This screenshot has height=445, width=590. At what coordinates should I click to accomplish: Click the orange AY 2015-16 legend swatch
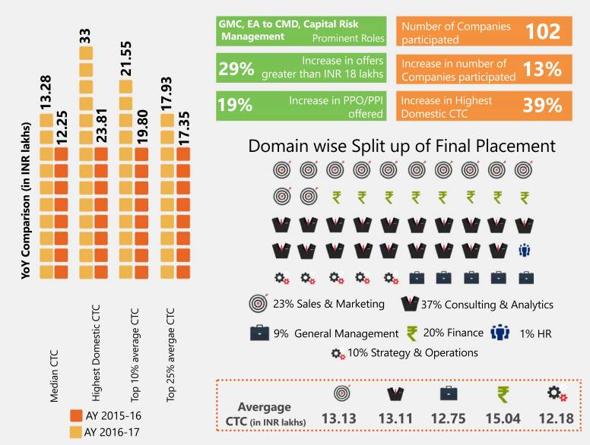[75, 416]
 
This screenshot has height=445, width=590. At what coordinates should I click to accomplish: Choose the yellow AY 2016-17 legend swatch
[75, 433]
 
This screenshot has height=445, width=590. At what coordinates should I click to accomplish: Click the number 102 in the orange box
[543, 32]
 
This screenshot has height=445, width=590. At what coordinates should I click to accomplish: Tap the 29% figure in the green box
[236, 68]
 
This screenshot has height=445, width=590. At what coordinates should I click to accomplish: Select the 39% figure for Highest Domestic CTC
[542, 106]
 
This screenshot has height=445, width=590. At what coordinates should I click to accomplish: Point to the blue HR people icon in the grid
[524, 250]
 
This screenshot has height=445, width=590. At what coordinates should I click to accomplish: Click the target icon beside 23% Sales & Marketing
[259, 304]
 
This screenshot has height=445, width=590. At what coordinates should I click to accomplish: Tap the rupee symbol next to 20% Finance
[412, 333]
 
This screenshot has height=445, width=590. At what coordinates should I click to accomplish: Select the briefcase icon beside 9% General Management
[259, 333]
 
